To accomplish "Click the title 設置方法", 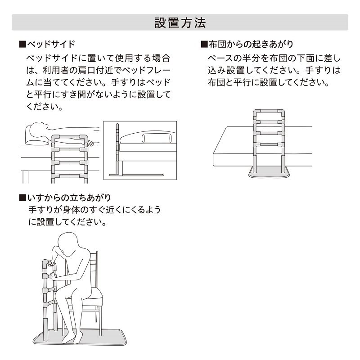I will (x=180, y=22).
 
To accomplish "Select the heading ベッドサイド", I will (x=51, y=45).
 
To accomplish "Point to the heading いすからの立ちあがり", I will (x=69, y=198).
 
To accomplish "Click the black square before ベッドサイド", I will (x=22, y=45).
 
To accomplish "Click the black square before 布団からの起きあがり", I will (x=204, y=45).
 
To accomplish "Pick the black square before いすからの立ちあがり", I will (x=22, y=198).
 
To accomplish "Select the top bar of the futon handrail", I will (x=269, y=111).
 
